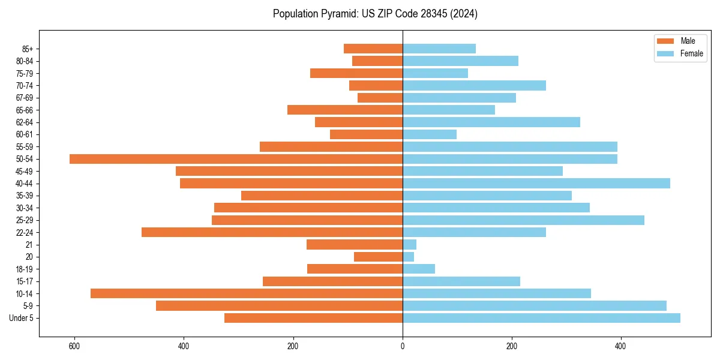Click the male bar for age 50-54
pyautogui.click(x=236, y=159)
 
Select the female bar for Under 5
pyautogui.click(x=541, y=318)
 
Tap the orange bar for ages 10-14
pyautogui.click(x=247, y=293)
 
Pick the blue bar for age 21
pyautogui.click(x=409, y=245)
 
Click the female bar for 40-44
pyautogui.click(x=536, y=184)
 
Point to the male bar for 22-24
pyautogui.click(x=272, y=232)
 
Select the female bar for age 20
pyautogui.click(x=408, y=257)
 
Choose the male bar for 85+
pyautogui.click(x=373, y=49)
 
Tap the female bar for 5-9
pyautogui.click(x=534, y=306)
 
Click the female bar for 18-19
pyautogui.click(x=419, y=269)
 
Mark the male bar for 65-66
pyautogui.click(x=345, y=110)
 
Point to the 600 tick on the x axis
pyautogui.click(x=74, y=347)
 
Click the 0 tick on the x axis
pyautogui.click(x=403, y=347)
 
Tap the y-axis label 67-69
pyautogui.click(x=25, y=98)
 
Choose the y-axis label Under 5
pyautogui.click(x=22, y=318)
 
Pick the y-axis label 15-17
pyautogui.click(x=25, y=281)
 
